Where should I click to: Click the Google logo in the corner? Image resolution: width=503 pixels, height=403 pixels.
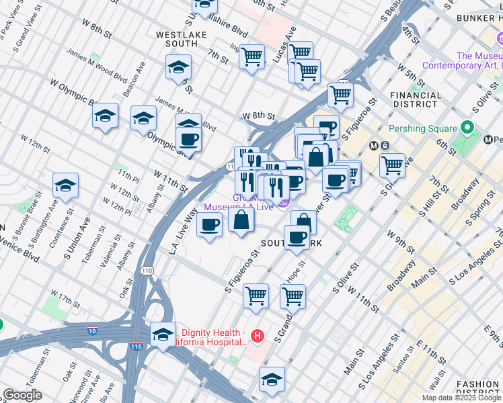22,395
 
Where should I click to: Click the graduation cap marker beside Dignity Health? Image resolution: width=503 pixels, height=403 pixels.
163,334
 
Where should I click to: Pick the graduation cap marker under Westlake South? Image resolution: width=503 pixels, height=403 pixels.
178,67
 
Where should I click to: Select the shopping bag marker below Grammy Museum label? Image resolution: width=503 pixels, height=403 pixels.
241,220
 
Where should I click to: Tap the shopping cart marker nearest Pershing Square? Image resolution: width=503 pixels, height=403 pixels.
392,165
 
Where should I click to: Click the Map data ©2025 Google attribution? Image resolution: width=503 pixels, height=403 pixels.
461,398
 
